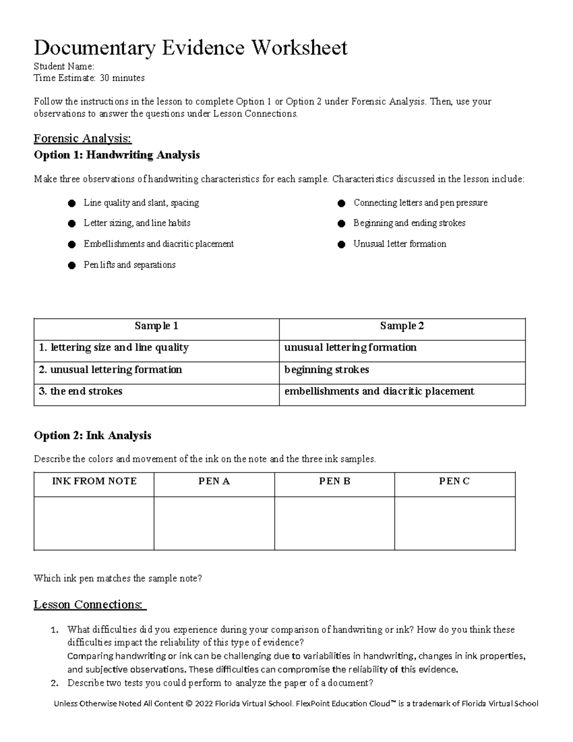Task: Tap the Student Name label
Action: click(64, 66)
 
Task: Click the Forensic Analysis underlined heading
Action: click(82, 139)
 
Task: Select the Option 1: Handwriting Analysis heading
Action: click(117, 155)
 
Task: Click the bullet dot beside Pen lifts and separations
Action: click(72, 265)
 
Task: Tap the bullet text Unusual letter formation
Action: click(400, 244)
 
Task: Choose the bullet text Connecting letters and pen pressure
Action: click(420, 203)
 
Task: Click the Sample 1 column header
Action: click(156, 326)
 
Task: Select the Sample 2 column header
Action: click(402, 326)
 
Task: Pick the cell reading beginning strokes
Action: click(327, 370)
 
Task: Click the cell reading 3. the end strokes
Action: click(80, 391)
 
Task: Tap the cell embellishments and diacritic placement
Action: click(379, 391)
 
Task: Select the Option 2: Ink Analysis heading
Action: click(92, 435)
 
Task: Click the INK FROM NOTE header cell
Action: click(94, 482)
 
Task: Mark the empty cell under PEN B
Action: click(334, 523)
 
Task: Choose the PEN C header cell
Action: click(454, 482)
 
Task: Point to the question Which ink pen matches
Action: click(117, 579)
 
